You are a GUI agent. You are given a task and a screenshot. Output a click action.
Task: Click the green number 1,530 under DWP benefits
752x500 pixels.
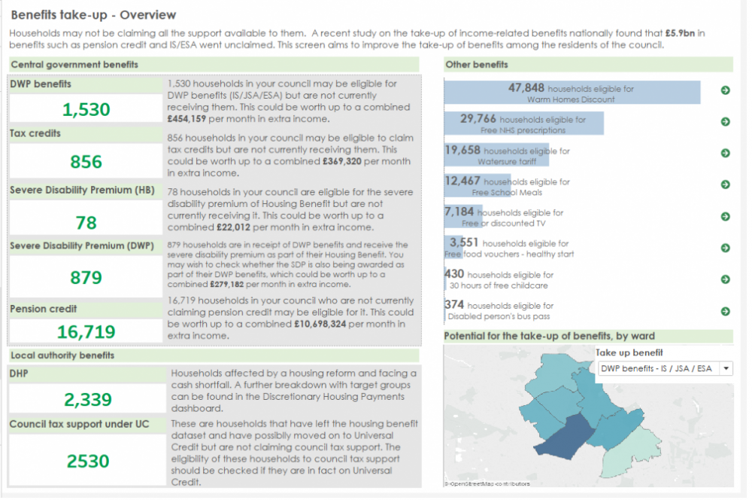click(x=86, y=110)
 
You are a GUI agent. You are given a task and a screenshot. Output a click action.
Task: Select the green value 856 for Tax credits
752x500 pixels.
click(x=86, y=162)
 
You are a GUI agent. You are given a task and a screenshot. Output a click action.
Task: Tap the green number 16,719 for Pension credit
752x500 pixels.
click(x=86, y=332)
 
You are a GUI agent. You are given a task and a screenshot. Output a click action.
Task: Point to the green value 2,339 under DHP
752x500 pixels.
click(x=87, y=399)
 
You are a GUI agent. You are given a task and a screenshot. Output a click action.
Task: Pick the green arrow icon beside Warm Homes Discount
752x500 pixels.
click(x=725, y=90)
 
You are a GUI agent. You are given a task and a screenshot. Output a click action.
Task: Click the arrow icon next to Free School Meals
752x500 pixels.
click(x=725, y=184)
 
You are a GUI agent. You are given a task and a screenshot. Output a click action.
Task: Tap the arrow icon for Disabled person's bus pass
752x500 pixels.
click(x=725, y=311)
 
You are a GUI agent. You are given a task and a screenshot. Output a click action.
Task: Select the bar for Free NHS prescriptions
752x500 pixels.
click(x=524, y=122)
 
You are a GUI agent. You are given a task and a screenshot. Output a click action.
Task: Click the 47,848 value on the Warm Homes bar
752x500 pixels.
click(x=526, y=88)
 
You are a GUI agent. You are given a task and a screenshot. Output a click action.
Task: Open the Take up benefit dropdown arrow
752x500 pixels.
click(x=725, y=368)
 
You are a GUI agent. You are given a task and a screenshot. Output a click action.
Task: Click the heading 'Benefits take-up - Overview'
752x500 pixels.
click(x=94, y=15)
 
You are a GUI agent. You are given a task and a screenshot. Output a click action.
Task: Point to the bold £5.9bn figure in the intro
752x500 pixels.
click(x=682, y=34)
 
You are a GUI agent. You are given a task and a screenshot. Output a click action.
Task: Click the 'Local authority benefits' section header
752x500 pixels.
click(x=62, y=355)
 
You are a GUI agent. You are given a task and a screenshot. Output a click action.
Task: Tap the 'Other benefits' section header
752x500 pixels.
click(x=477, y=65)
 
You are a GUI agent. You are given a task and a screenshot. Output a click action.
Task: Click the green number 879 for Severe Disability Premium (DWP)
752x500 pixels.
click(x=86, y=278)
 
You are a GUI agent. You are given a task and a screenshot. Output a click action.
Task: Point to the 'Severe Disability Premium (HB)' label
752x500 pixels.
click(x=82, y=191)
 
